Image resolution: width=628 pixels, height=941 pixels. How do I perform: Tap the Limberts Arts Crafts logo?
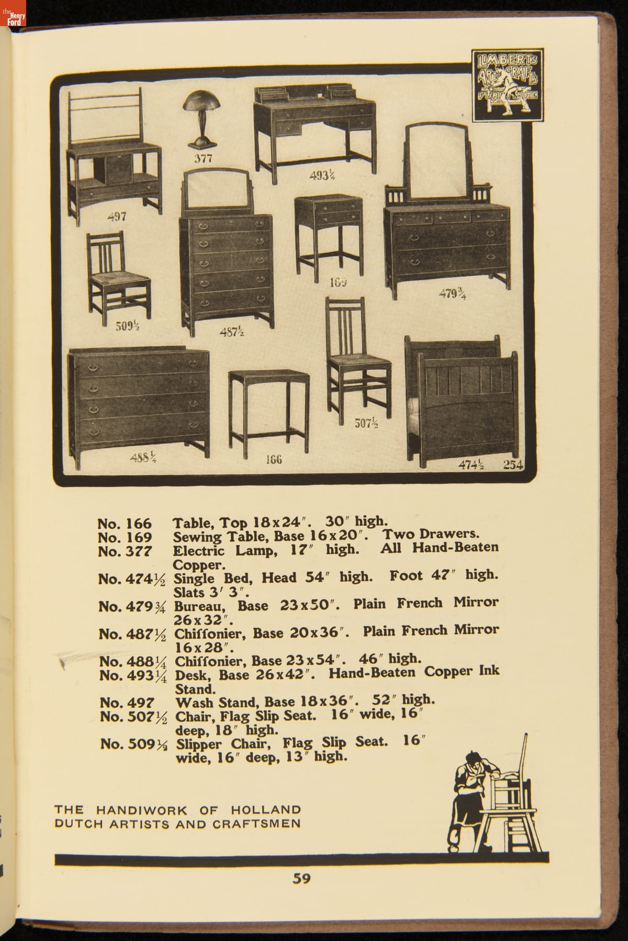(x=507, y=86)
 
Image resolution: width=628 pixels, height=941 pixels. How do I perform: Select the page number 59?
(x=302, y=878)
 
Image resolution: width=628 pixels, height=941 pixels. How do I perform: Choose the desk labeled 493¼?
(x=314, y=131)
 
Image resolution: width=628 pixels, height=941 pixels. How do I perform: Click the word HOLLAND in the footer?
(x=266, y=810)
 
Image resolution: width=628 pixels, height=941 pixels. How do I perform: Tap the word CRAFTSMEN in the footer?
(x=256, y=824)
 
